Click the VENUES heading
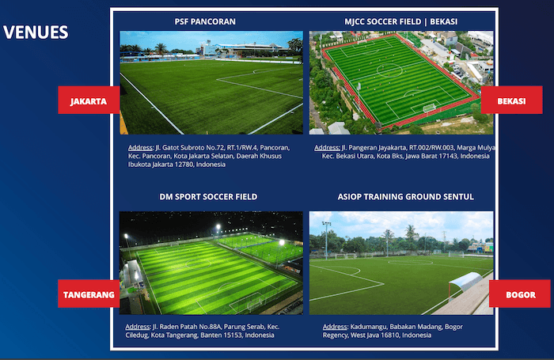pyautogui.click(x=36, y=32)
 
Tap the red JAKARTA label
pyautogui.click(x=88, y=101)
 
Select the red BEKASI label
pyautogui.click(x=511, y=101)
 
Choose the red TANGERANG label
pyautogui.click(x=89, y=295)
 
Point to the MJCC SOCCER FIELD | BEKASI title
pyautogui.click(x=401, y=21)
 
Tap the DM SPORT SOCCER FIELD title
pyautogui.click(x=208, y=196)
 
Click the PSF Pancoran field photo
pyautogui.click(x=211, y=83)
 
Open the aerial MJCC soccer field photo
pyautogui.click(x=401, y=83)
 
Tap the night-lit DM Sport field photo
pyautogui.click(x=211, y=263)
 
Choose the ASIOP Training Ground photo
pyautogui.click(x=401, y=263)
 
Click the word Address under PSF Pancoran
pyautogui.click(x=141, y=148)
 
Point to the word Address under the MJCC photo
pyautogui.click(x=327, y=148)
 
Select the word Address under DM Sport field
pyautogui.click(x=138, y=327)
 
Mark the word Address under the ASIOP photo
pyautogui.click(x=336, y=327)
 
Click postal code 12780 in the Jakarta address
pyautogui.click(x=176, y=165)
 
